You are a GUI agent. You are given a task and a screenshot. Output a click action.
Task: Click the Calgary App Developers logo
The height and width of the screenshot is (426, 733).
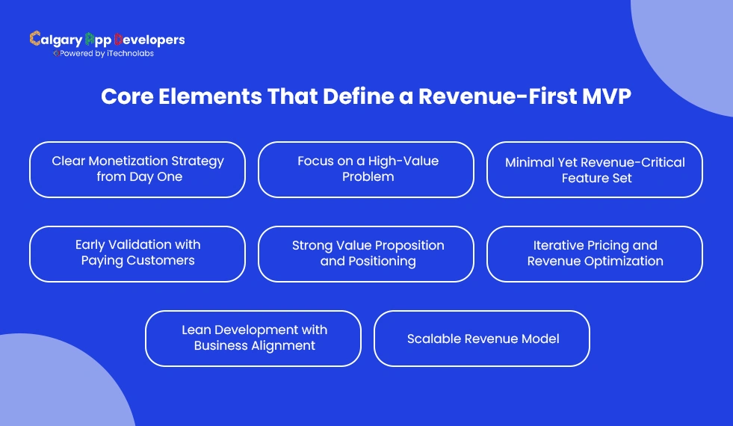(x=107, y=40)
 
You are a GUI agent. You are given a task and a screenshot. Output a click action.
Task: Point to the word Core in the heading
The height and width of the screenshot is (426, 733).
(x=126, y=98)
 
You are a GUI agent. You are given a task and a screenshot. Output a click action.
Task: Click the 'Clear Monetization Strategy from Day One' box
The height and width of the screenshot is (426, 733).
(x=137, y=170)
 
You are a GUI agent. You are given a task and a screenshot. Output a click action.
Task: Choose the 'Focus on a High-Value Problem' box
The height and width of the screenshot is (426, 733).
(x=366, y=170)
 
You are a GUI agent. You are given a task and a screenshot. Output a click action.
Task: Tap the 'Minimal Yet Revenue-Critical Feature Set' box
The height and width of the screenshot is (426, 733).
(x=595, y=170)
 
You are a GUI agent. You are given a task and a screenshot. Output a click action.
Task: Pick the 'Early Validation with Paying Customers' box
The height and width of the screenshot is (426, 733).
(x=137, y=254)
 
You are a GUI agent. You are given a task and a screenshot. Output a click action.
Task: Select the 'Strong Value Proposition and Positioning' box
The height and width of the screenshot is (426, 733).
(x=366, y=254)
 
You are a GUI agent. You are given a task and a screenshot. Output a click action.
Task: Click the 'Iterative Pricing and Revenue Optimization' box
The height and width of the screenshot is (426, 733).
(x=595, y=254)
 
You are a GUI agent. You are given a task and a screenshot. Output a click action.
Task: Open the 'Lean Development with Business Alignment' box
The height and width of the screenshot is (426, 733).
(x=253, y=339)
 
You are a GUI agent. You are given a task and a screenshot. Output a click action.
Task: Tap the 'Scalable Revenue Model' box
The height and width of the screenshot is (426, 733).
(x=482, y=339)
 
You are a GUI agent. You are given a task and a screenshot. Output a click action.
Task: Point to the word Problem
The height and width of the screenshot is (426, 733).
(x=368, y=177)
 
